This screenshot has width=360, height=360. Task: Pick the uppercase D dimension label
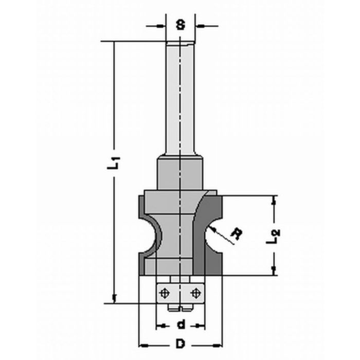[180, 343]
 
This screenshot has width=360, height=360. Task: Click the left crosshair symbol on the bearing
[165, 293]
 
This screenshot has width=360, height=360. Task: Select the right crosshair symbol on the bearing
[195, 293]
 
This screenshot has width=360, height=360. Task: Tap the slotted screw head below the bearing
[179, 307]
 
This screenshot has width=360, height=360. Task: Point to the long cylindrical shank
[180, 98]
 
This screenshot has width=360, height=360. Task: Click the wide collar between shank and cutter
[180, 175]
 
